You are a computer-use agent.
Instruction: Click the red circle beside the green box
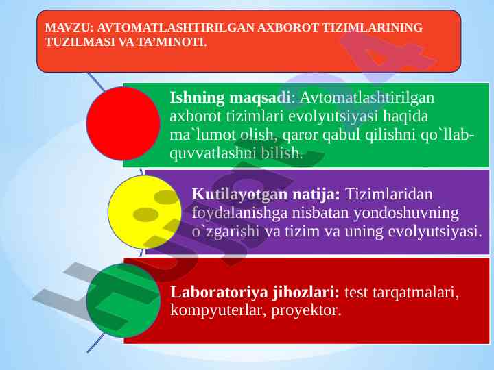point(123,123)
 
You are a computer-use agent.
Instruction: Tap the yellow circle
point(145,212)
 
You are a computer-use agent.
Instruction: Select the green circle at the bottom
point(123,301)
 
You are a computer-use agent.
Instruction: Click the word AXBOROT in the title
point(288,27)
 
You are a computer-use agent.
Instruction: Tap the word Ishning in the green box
point(197,98)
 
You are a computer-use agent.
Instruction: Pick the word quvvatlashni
point(213,153)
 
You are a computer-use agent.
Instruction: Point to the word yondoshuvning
point(405,213)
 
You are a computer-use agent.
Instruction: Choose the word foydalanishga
point(239,213)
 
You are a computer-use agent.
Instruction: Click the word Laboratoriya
point(219,292)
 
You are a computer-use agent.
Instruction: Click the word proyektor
point(306,311)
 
